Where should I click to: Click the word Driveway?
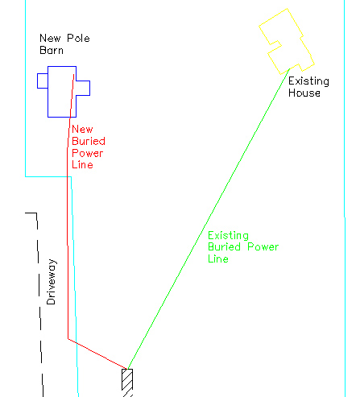pyautogui.click(x=51, y=282)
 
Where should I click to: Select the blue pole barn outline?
pyautogui.click(x=48, y=91)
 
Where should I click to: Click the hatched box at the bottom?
pyautogui.click(x=127, y=380)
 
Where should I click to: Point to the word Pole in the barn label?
pyautogui.click(x=78, y=38)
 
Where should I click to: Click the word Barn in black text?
pyautogui.click(x=52, y=50)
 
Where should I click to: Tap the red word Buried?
pyautogui.click(x=89, y=141)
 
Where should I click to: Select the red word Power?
pyautogui.click(x=88, y=153)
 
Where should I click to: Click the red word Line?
pyautogui.click(x=82, y=164)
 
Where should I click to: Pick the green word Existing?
pyautogui.click(x=228, y=236)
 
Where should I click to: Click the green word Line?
pyautogui.click(x=218, y=258)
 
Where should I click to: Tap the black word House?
pyautogui.click(x=304, y=93)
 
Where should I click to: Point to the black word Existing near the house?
pyautogui.click(x=308, y=81)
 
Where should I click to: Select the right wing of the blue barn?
pyautogui.click(x=89, y=88)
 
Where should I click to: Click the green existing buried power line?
pyautogui.click(x=209, y=219)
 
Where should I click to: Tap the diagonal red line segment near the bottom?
pyautogui.click(x=97, y=354)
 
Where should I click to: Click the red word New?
pyautogui.click(x=82, y=129)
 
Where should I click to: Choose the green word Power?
pyautogui.click(x=263, y=247)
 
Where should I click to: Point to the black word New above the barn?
pyautogui.click(x=50, y=38)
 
